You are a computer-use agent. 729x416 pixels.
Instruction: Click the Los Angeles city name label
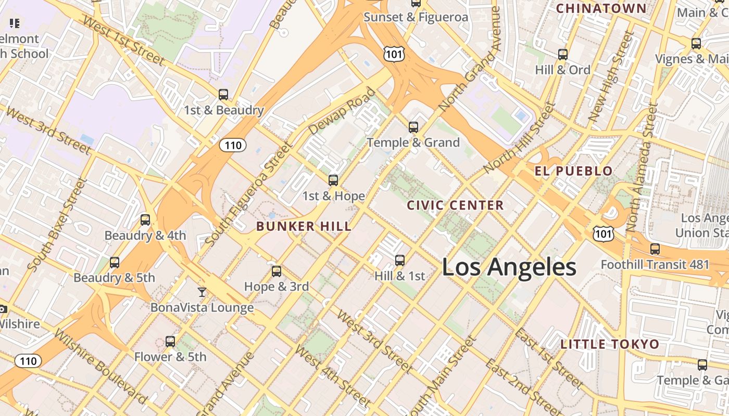point(509,267)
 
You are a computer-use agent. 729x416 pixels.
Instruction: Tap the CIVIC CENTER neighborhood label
point(455,205)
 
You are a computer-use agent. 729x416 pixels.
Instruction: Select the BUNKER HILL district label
point(304,226)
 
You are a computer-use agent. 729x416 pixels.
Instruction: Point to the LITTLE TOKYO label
point(610,344)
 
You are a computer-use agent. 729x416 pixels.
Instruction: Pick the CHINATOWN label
point(601,8)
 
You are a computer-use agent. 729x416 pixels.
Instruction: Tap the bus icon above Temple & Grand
point(413,127)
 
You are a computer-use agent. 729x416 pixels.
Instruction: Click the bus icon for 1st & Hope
point(333,180)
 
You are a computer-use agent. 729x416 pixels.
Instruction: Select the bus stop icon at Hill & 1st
point(400,260)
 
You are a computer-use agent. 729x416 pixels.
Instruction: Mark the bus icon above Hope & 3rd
point(276,271)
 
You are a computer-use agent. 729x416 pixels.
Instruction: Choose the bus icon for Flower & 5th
point(170,342)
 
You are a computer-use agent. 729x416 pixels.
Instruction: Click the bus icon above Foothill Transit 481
point(655,249)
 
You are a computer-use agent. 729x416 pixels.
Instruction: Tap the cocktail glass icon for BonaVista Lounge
point(202,292)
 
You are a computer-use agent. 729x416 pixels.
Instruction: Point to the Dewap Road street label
point(341,111)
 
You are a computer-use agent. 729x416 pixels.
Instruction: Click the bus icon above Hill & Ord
point(562,55)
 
